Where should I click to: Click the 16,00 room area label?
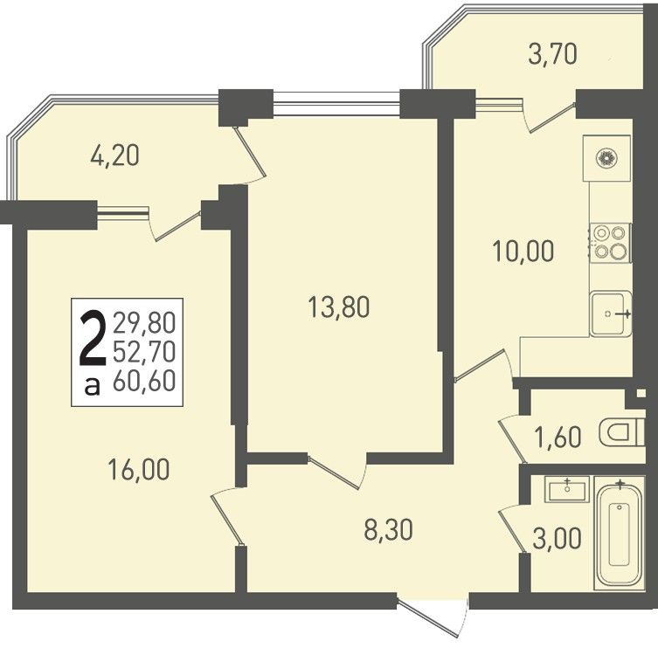(x=138, y=469)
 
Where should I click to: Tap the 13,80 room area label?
(x=338, y=307)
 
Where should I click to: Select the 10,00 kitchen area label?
(x=523, y=252)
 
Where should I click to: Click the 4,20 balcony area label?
(x=114, y=155)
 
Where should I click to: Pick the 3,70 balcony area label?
(x=552, y=54)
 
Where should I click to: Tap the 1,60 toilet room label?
(x=558, y=437)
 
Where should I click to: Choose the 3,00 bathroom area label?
(x=557, y=538)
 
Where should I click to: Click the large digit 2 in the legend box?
(x=93, y=338)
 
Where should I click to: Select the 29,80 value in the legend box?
(x=144, y=323)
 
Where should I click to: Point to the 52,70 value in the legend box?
(x=144, y=352)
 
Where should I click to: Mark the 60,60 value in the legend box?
(x=144, y=381)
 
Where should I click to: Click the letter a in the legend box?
(x=93, y=386)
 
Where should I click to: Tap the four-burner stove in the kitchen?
(x=610, y=243)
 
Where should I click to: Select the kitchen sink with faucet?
(x=611, y=314)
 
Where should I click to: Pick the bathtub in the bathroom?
(x=620, y=530)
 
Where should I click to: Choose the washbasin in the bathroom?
(x=567, y=489)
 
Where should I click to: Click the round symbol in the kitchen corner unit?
(x=606, y=158)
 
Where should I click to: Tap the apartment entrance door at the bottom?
(x=433, y=617)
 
